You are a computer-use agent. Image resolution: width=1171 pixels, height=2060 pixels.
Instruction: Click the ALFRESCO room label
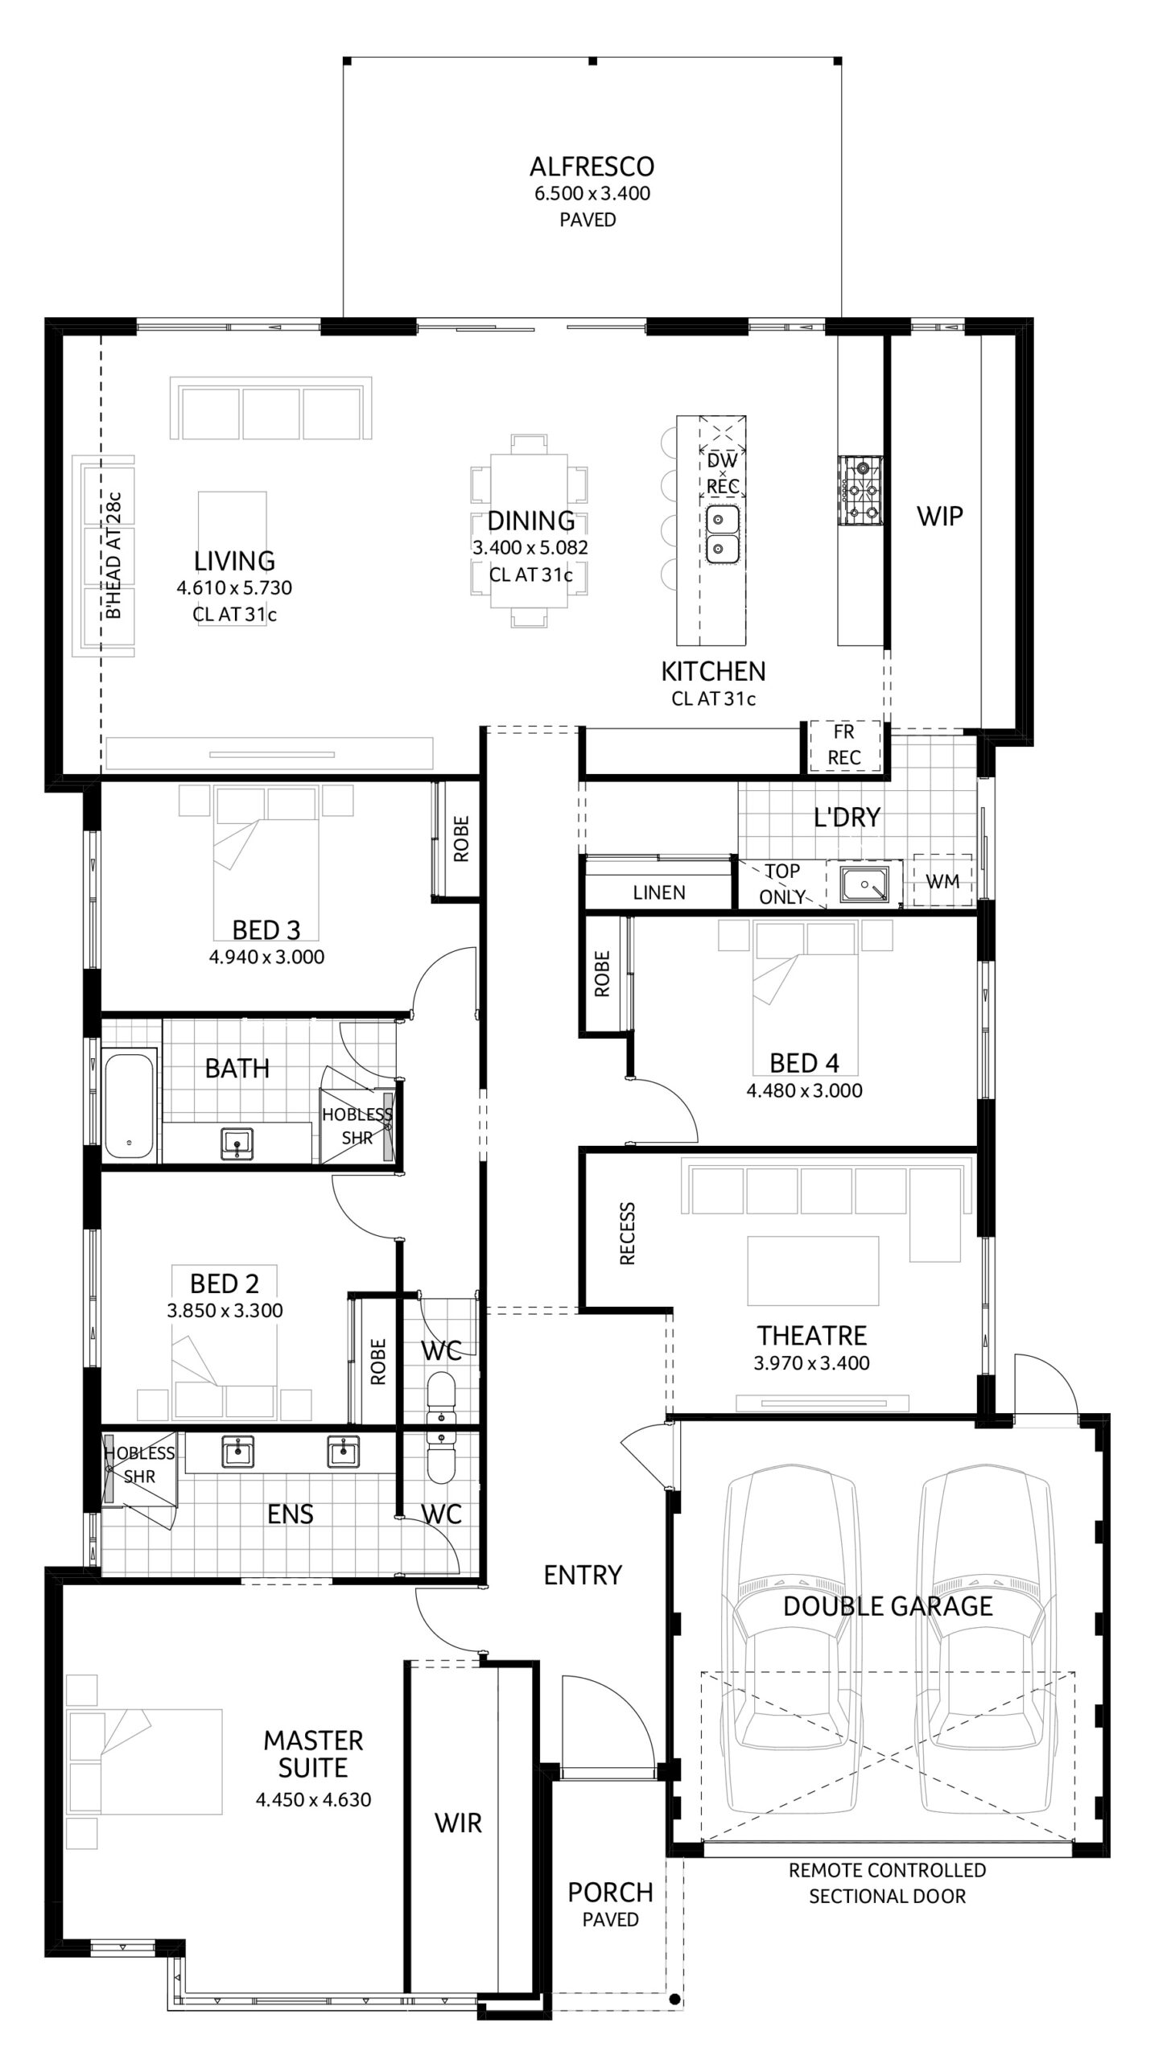coord(592,167)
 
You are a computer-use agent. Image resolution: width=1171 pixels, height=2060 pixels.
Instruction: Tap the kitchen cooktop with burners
coord(860,490)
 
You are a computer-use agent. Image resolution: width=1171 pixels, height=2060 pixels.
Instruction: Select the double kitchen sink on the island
coord(722,534)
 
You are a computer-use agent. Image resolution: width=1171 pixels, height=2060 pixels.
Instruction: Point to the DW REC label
coord(722,474)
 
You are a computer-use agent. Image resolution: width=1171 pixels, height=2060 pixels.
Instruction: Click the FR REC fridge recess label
coord(843,744)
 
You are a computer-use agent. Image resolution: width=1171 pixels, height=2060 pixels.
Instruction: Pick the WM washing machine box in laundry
coord(942,881)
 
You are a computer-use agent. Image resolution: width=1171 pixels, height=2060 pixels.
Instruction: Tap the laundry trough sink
coord(864,884)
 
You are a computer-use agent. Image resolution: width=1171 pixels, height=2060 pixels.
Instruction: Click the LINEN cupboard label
coord(659,892)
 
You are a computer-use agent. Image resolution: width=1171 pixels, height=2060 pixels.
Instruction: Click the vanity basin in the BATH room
coord(237,1143)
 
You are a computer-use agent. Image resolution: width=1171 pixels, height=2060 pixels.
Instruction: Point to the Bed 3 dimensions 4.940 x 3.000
coord(266,957)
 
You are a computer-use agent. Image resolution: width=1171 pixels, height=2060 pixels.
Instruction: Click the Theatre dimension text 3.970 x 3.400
coord(811,1362)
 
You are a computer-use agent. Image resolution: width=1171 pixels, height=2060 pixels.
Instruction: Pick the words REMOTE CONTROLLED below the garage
coord(887,1869)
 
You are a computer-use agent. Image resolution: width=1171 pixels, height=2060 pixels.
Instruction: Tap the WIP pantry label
coord(939,516)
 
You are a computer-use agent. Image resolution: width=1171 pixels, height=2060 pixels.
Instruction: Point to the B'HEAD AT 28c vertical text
coord(113,555)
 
